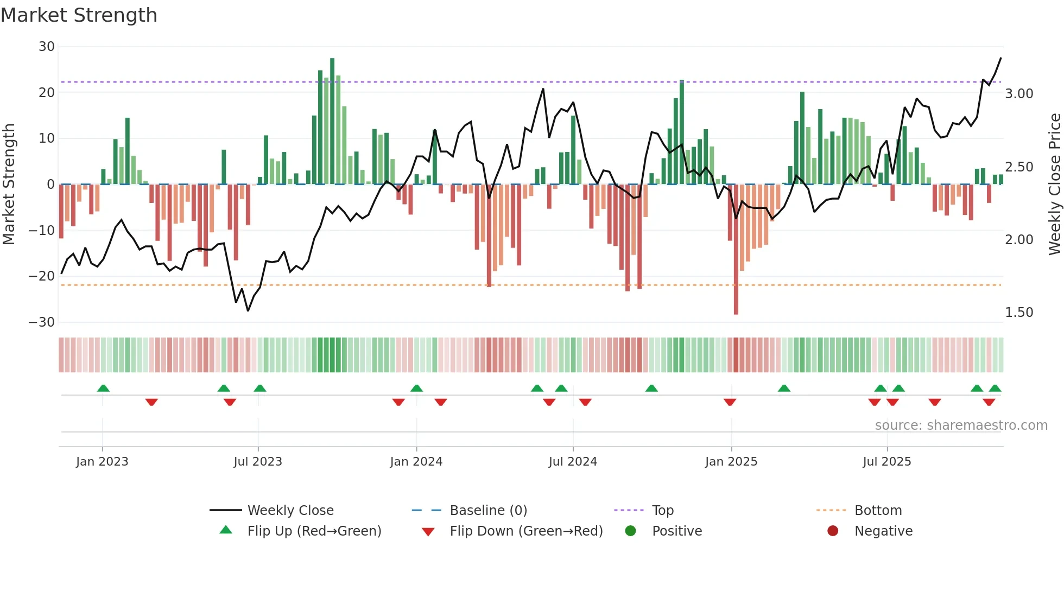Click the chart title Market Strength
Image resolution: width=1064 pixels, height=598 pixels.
pyautogui.click(x=79, y=15)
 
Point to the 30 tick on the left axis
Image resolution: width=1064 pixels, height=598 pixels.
pyautogui.click(x=47, y=47)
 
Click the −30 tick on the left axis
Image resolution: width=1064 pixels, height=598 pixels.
pyautogui.click(x=42, y=322)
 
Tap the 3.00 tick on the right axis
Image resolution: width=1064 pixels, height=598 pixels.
pyautogui.click(x=1019, y=94)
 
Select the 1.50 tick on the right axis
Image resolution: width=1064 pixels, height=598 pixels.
pyautogui.click(x=1019, y=313)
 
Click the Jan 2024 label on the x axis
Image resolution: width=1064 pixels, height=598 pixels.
pyautogui.click(x=416, y=462)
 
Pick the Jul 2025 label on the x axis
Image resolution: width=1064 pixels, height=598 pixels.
pyautogui.click(x=886, y=462)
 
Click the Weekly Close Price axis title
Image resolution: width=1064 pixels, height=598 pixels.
pyautogui.click(x=1054, y=184)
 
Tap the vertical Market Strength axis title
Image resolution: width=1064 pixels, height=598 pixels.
pyautogui.click(x=9, y=184)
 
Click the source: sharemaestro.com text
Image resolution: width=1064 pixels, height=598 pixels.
pyautogui.click(x=961, y=425)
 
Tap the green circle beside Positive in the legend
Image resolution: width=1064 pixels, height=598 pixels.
pyautogui.click(x=630, y=531)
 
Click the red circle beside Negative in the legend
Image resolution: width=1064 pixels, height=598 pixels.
pyautogui.click(x=833, y=531)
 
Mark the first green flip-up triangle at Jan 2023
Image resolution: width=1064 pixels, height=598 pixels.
pyautogui.click(x=103, y=388)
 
